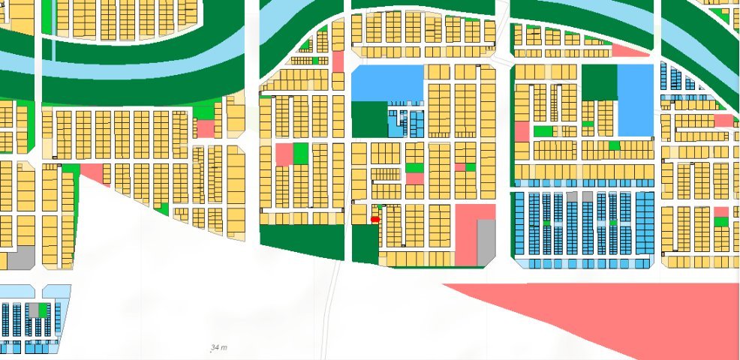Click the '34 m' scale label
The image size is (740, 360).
218,348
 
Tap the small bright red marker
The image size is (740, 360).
375,219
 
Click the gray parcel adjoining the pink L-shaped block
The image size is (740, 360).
486,241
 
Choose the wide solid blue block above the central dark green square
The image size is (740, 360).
387,82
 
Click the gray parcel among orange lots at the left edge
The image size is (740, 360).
21,257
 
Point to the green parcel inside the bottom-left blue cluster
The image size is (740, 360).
44,309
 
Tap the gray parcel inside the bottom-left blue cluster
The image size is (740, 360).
33,310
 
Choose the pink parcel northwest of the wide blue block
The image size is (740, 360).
338,61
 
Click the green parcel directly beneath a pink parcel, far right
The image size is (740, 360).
720,221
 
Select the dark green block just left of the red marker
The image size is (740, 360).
365,244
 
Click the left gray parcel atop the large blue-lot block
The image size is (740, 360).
573,196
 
